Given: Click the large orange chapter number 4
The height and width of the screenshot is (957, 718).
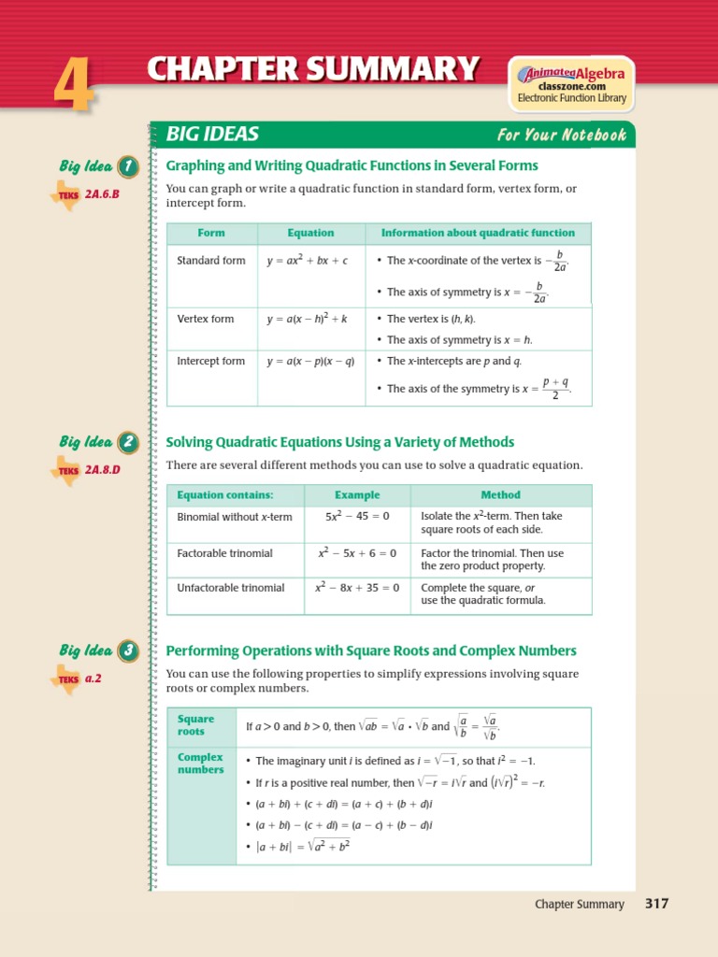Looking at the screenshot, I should [x=71, y=87].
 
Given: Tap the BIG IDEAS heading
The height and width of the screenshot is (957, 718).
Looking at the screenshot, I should [x=212, y=135].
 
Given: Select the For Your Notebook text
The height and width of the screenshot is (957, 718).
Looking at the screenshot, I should [x=561, y=136].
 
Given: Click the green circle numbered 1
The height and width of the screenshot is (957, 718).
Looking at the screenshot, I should [x=127, y=167].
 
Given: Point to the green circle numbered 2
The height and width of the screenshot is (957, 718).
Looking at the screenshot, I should [x=127, y=443].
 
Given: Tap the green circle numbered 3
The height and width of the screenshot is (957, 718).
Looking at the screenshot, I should [x=127, y=651].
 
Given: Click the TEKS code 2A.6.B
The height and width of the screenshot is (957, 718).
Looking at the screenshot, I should [x=103, y=194].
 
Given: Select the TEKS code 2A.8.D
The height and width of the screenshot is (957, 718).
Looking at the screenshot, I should [x=103, y=469].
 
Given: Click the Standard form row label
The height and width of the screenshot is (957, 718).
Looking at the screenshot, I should [x=211, y=261].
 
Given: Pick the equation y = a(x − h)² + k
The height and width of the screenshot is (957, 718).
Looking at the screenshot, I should [x=307, y=319].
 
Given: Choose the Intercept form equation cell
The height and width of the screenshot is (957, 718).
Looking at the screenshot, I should [x=310, y=362].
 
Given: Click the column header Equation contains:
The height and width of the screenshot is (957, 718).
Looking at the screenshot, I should [x=225, y=495].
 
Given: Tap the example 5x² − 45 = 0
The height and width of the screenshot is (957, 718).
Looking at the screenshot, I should [x=357, y=516].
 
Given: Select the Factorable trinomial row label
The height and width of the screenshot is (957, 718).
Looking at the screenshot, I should [x=225, y=553].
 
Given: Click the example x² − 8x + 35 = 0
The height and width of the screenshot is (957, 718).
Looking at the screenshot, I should [x=357, y=588].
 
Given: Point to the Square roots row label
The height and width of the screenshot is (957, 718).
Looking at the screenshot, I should [x=196, y=725].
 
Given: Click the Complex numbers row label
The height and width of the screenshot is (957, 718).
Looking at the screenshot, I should [x=201, y=764].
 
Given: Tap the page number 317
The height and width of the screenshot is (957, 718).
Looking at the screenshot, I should [x=656, y=904].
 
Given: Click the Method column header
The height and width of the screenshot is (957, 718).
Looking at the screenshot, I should [x=500, y=495].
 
